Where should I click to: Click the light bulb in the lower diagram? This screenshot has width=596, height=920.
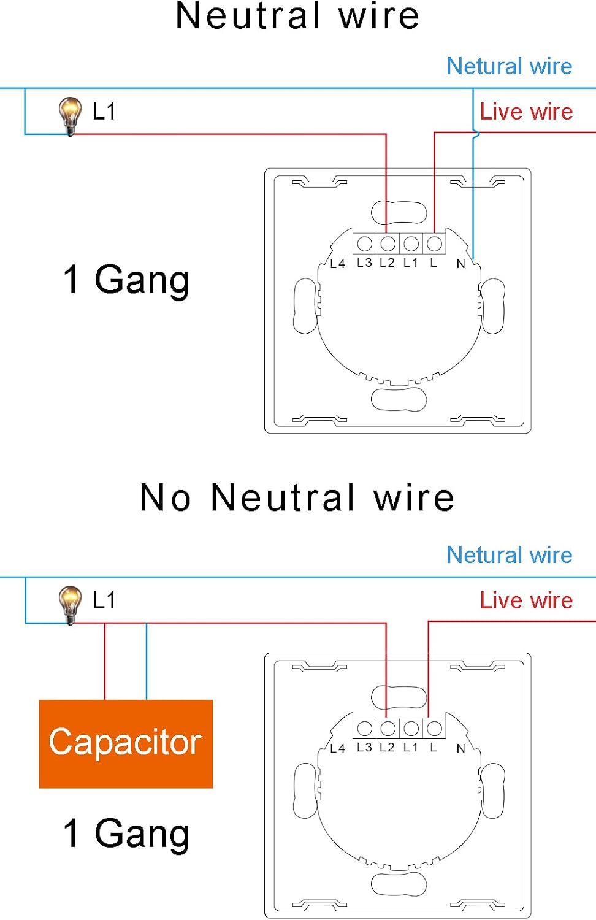pos(70,605)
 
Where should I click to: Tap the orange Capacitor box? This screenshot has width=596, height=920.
pos(126,744)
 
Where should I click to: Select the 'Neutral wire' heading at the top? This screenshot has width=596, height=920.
pos(297,17)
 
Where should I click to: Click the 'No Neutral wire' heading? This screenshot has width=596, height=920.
pos(297,497)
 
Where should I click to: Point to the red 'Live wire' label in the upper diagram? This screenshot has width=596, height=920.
pos(526,112)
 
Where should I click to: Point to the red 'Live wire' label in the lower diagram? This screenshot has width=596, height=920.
pos(526,600)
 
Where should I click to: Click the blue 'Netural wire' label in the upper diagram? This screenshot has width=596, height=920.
pos(510,66)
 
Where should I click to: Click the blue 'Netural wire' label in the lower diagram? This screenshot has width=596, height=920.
pos(510,555)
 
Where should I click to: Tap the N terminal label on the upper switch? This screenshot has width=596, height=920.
pos(461,264)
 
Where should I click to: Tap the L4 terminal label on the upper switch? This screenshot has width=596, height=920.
pos(337,264)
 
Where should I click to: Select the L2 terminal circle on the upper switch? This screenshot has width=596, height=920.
pos(388,244)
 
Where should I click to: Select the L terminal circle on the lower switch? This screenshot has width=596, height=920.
pos(434,729)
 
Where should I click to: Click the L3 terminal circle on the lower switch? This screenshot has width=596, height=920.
pos(364,729)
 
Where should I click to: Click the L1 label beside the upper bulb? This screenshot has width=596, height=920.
pos(104,111)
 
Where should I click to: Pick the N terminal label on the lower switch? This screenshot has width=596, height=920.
pos(461,748)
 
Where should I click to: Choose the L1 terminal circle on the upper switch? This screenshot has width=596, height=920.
pos(411,244)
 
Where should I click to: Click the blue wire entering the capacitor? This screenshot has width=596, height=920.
pos(147,662)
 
